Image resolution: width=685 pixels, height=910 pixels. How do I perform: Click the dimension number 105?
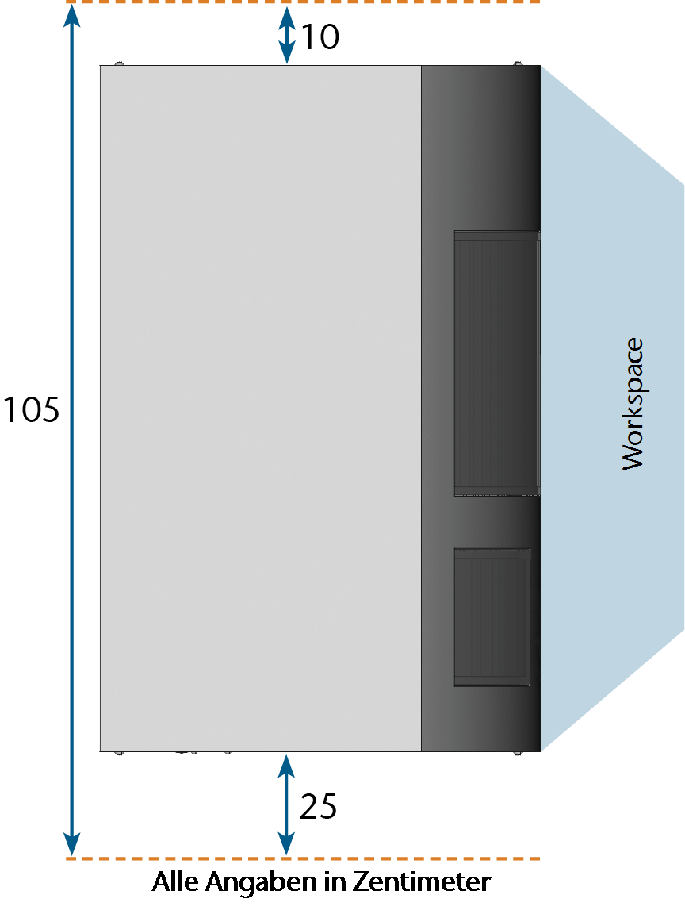pyautogui.click(x=32, y=409)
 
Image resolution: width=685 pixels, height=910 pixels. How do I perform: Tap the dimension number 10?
pyautogui.click(x=320, y=37)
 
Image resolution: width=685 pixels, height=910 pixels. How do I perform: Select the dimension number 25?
pyautogui.click(x=318, y=807)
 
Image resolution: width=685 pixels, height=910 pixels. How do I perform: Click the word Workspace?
pyautogui.click(x=633, y=404)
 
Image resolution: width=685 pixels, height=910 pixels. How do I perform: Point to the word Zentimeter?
pyautogui.click(x=422, y=882)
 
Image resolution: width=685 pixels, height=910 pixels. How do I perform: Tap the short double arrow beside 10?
pyautogui.click(x=286, y=35)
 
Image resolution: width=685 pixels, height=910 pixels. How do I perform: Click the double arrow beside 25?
pyautogui.click(x=286, y=805)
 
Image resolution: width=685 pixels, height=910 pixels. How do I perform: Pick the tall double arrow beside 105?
pyautogui.click(x=71, y=430)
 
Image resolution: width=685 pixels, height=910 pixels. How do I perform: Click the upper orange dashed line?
pyautogui.click(x=303, y=2)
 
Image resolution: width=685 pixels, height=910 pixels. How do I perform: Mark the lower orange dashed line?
pyautogui.click(x=303, y=858)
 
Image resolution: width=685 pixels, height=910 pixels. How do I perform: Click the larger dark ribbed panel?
pyautogui.click(x=497, y=363)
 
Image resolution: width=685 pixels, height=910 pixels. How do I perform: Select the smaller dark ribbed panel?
pyautogui.click(x=492, y=617)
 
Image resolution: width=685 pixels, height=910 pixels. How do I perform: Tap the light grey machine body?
pyautogui.click(x=260, y=409)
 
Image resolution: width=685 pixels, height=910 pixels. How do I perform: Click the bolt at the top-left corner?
pyautogui.click(x=118, y=63)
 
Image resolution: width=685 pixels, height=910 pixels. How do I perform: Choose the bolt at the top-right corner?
pyautogui.click(x=518, y=63)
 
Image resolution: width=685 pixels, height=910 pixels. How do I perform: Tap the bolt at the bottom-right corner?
pyautogui.click(x=518, y=753)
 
